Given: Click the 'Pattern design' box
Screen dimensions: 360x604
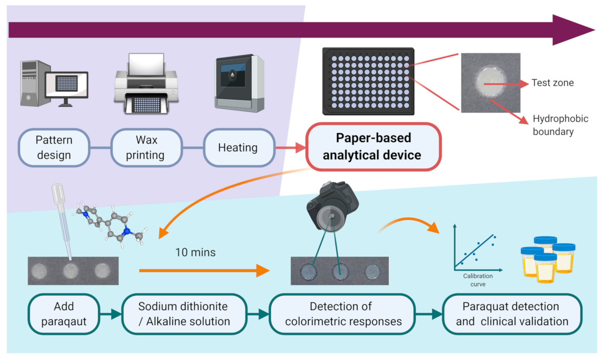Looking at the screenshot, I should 54,147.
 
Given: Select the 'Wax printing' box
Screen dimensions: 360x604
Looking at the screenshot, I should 146,147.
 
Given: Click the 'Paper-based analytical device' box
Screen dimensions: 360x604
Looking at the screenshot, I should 373,147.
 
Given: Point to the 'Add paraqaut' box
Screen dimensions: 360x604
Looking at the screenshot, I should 64,314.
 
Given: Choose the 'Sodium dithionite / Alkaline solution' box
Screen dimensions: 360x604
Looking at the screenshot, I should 184,314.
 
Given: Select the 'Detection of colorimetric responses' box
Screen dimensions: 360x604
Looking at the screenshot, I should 342,314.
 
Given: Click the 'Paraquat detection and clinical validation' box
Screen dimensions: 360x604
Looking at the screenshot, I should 512,314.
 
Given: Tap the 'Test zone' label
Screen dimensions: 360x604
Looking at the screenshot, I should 552,83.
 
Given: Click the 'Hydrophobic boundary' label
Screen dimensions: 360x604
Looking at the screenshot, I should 560,125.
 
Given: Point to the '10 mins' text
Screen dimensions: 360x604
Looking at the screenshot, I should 195,253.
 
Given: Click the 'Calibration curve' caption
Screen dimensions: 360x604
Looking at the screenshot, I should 478,280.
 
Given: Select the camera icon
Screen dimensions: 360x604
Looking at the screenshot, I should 332,206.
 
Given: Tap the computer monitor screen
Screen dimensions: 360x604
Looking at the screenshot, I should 67,84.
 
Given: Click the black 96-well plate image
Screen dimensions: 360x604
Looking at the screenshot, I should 368,81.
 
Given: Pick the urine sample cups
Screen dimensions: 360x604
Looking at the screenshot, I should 547,259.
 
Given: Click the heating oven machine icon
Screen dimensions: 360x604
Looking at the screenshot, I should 239,83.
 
